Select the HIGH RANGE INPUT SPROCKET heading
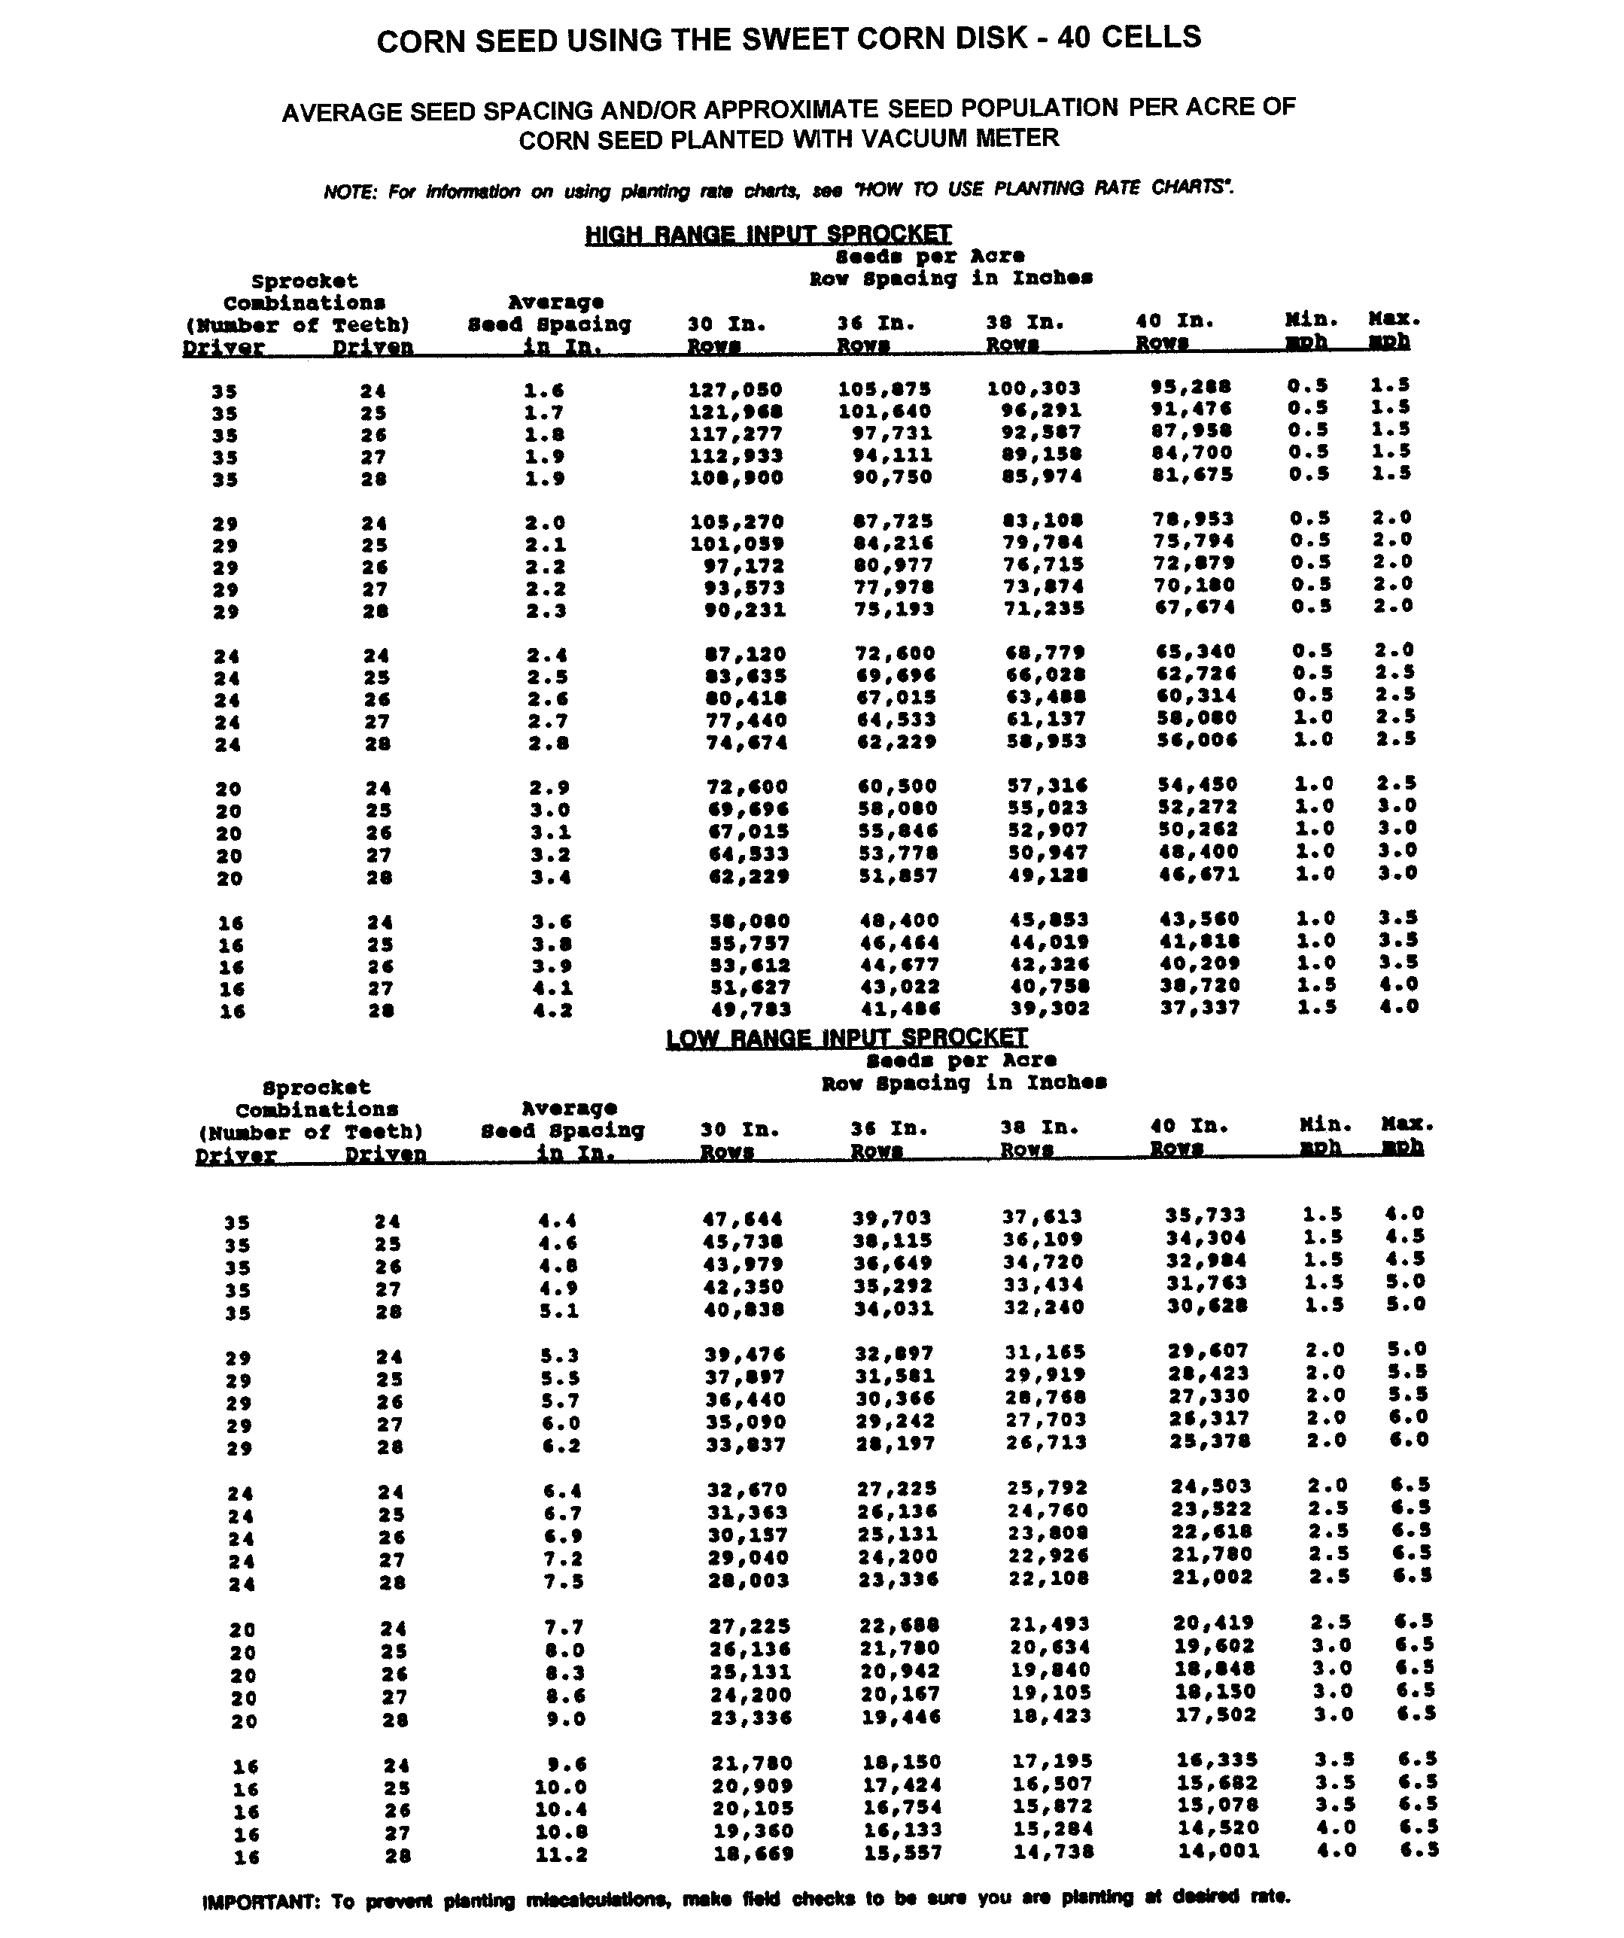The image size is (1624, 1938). pos(768,234)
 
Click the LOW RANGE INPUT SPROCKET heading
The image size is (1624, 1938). pos(846,1038)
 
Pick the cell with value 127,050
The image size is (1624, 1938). pos(735,389)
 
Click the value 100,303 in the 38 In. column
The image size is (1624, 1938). pos(1033,388)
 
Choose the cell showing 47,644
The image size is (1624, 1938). pos(742,1219)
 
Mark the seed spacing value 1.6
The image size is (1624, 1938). pos(543,391)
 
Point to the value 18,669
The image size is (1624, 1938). pos(752,1853)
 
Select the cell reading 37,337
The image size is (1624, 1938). pos(1200,1007)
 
